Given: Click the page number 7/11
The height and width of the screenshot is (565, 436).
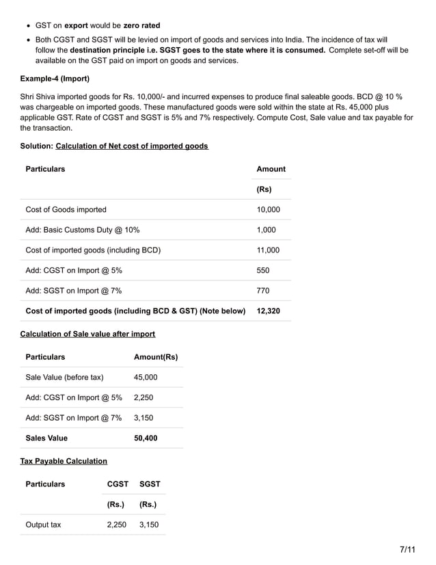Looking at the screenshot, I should (x=408, y=549).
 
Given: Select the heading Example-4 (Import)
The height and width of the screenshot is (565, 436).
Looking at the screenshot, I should (x=55, y=79).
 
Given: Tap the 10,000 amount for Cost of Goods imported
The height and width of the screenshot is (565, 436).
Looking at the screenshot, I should (x=268, y=210).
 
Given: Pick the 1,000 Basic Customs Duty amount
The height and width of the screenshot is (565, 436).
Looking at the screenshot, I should (x=266, y=230).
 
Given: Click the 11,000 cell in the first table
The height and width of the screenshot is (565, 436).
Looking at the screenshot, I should (x=268, y=250).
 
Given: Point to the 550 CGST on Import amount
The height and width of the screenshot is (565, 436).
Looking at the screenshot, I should (x=263, y=271).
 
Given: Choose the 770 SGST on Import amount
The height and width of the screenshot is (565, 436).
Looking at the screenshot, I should (x=263, y=291).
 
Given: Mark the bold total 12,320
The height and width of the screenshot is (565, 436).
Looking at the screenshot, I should (x=268, y=311).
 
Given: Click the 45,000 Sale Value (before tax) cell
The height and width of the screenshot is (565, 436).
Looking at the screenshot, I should (x=146, y=377).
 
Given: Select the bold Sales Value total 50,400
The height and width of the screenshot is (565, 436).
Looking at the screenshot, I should (x=146, y=438).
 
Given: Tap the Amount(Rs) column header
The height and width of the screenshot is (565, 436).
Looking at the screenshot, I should (x=156, y=357).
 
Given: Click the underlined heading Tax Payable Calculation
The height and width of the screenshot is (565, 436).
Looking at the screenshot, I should (x=64, y=461).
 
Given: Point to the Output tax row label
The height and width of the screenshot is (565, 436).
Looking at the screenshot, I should (x=43, y=525).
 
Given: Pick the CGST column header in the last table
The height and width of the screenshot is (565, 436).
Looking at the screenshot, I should (x=118, y=484).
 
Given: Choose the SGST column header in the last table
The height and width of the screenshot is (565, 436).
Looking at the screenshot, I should (x=150, y=484).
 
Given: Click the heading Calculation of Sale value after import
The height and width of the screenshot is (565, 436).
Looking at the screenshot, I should (x=87, y=334).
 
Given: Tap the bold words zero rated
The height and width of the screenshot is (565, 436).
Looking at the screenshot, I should (x=141, y=26).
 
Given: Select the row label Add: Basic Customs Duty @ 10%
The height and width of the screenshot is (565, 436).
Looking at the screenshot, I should (x=83, y=230).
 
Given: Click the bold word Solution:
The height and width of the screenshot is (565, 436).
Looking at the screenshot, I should (x=37, y=146).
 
